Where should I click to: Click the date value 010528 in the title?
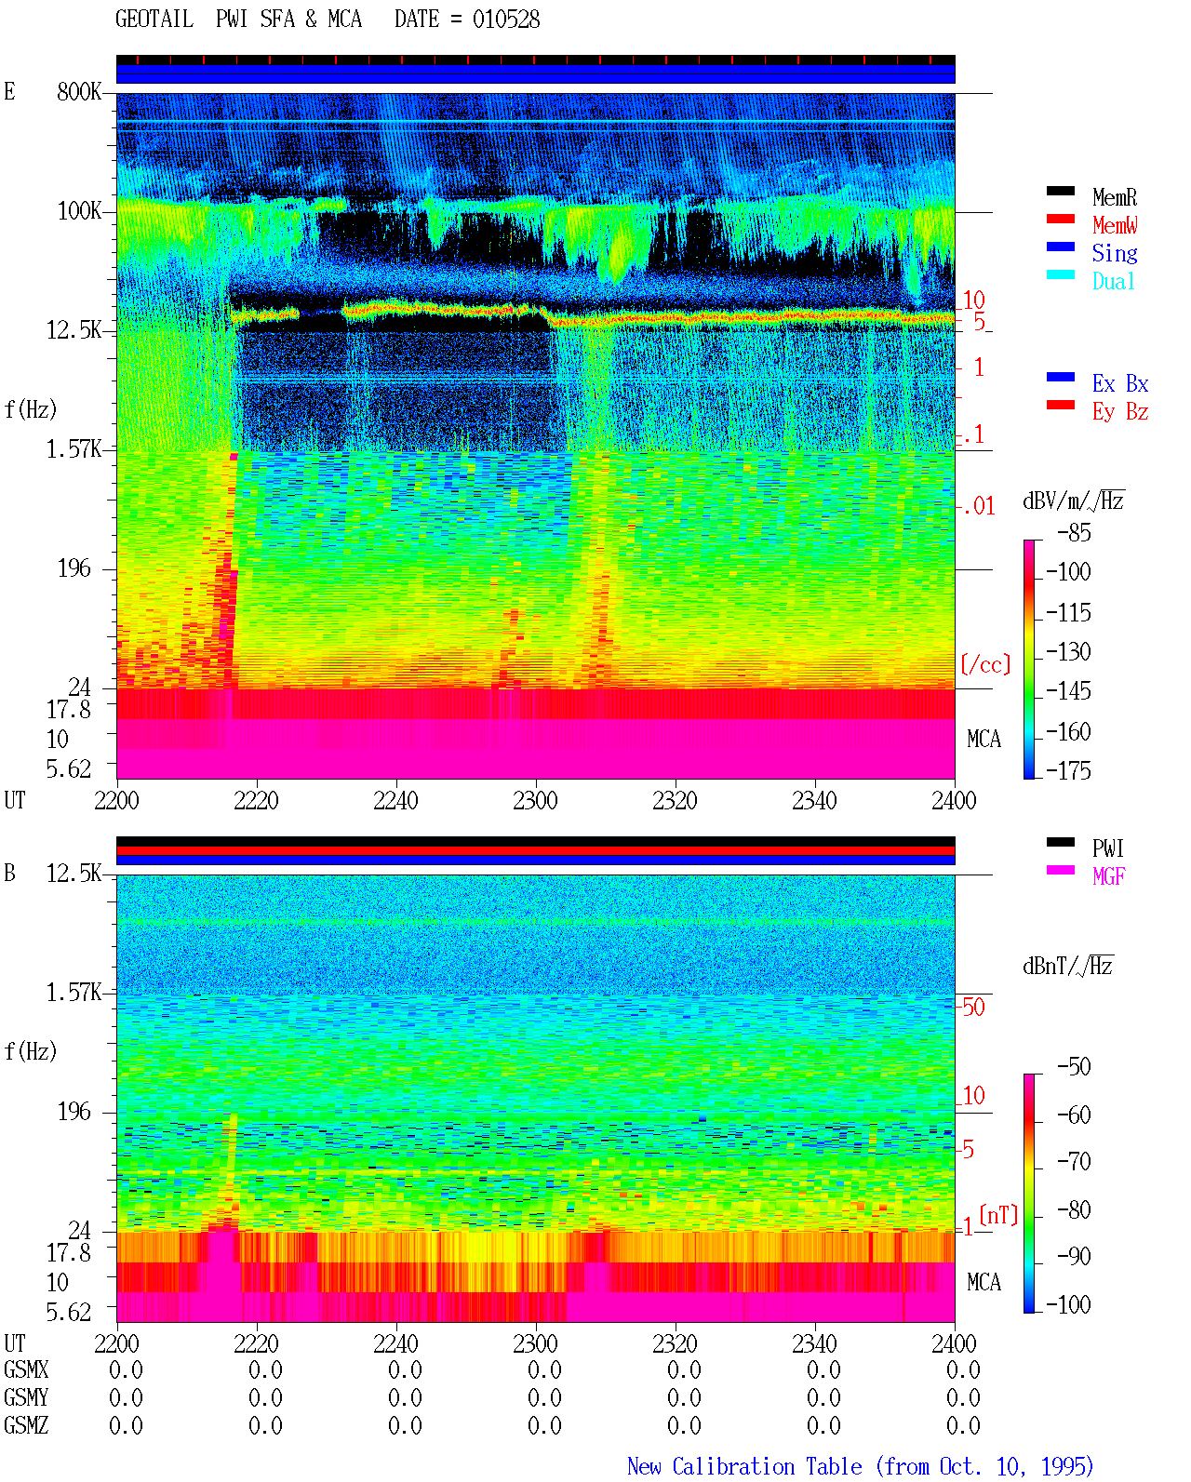pyautogui.click(x=505, y=20)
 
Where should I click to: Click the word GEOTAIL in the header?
pyautogui.click(x=154, y=20)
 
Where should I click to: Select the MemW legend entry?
pyautogui.click(x=1114, y=224)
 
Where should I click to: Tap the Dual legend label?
pyautogui.click(x=1113, y=281)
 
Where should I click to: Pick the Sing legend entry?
pyautogui.click(x=1114, y=253)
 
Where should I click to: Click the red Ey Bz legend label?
pyautogui.click(x=1119, y=411)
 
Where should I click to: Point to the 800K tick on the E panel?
pyautogui.click(x=79, y=91)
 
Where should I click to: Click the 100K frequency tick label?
pyautogui.click(x=79, y=211)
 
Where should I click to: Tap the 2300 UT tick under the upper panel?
pyautogui.click(x=535, y=800)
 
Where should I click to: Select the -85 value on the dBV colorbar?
pyautogui.click(x=1074, y=532)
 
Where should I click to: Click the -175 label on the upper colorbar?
pyautogui.click(x=1068, y=770)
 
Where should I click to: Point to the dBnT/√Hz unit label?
pyautogui.click(x=1067, y=966)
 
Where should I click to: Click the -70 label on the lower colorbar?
pyautogui.click(x=1074, y=1161)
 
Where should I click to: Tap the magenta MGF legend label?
pyautogui.click(x=1108, y=876)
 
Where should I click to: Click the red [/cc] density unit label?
pyautogui.click(x=985, y=664)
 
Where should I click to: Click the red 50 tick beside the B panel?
pyautogui.click(x=973, y=1007)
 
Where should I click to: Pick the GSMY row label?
pyautogui.click(x=26, y=1397)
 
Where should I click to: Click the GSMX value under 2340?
pyautogui.click(x=823, y=1369)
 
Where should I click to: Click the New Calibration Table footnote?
pyautogui.click(x=860, y=1466)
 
